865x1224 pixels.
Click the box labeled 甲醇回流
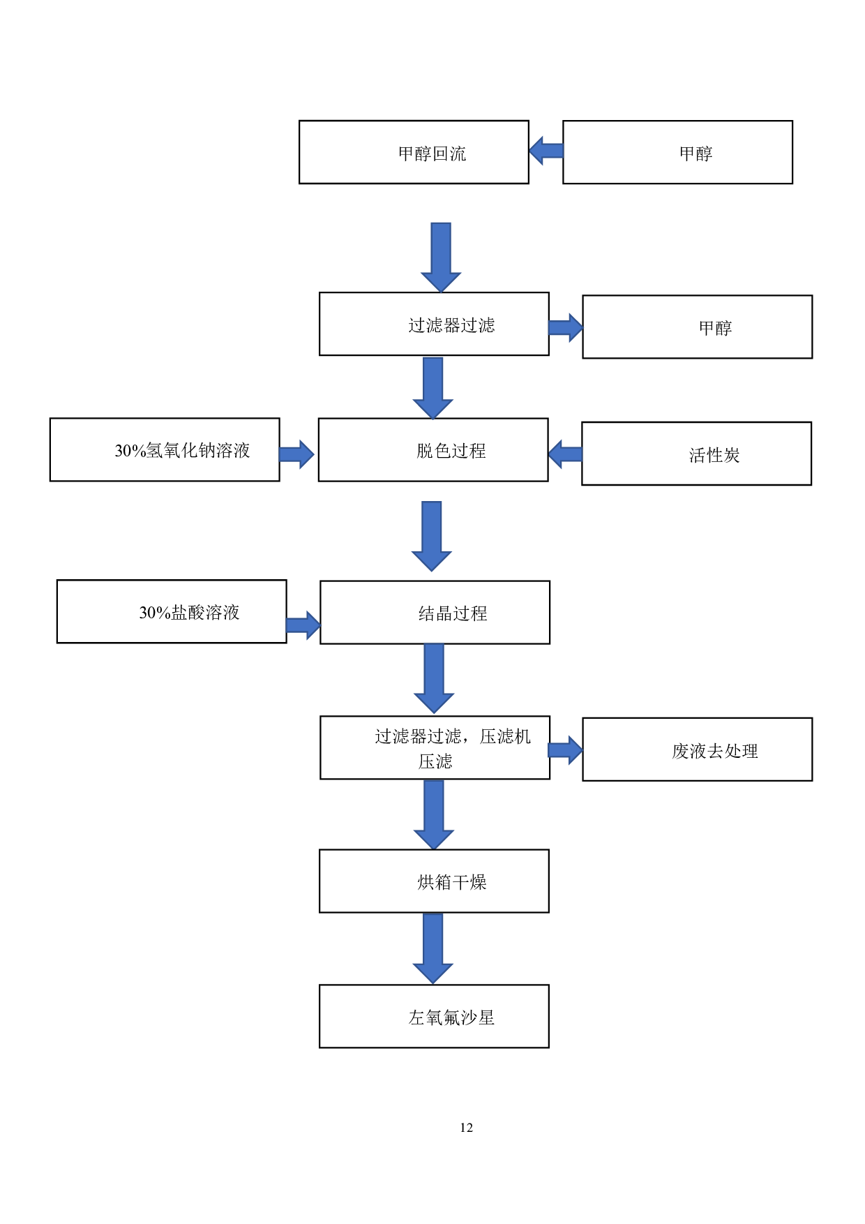(414, 152)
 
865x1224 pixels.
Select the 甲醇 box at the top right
(677, 152)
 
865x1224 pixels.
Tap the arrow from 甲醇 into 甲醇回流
(546, 151)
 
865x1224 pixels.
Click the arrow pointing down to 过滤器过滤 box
(441, 257)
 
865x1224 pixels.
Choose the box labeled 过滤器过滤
(434, 324)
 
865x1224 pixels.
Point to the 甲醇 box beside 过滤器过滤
(697, 327)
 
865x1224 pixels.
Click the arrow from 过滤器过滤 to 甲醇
(566, 327)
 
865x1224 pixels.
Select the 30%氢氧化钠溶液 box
(165, 449)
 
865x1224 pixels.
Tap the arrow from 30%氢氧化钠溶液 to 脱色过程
(297, 454)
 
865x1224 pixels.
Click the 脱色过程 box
(433, 449)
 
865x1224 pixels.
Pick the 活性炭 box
(696, 454)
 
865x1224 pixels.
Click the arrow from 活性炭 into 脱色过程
(565, 454)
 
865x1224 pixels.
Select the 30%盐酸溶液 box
(172, 611)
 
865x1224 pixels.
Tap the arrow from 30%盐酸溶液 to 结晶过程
(303, 625)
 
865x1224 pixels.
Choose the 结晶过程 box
(435, 612)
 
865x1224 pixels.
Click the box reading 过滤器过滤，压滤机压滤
(435, 747)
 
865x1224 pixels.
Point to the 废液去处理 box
(697, 749)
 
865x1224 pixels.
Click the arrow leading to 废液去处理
(566, 750)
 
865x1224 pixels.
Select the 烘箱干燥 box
(434, 881)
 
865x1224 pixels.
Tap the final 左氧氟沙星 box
(434, 1016)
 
